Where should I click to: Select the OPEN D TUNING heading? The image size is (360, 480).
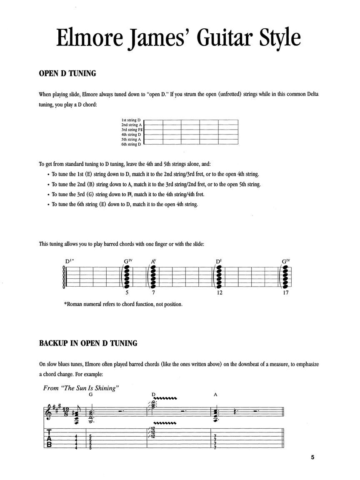tap(67, 74)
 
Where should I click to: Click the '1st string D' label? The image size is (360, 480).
tap(131, 120)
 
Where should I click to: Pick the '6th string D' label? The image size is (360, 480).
tap(131, 144)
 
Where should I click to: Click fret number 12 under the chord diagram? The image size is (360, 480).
tap(220, 293)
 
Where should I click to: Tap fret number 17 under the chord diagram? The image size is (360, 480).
tap(285, 293)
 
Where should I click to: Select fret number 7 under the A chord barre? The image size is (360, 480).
tap(153, 293)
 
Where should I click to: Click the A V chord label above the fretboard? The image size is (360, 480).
tap(153, 261)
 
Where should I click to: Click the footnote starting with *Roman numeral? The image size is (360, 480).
tap(123, 304)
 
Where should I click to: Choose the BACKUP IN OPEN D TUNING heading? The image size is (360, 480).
tap(88, 343)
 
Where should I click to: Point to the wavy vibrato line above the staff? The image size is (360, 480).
tap(166, 398)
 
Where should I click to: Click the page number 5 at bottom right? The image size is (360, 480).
tap(312, 457)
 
